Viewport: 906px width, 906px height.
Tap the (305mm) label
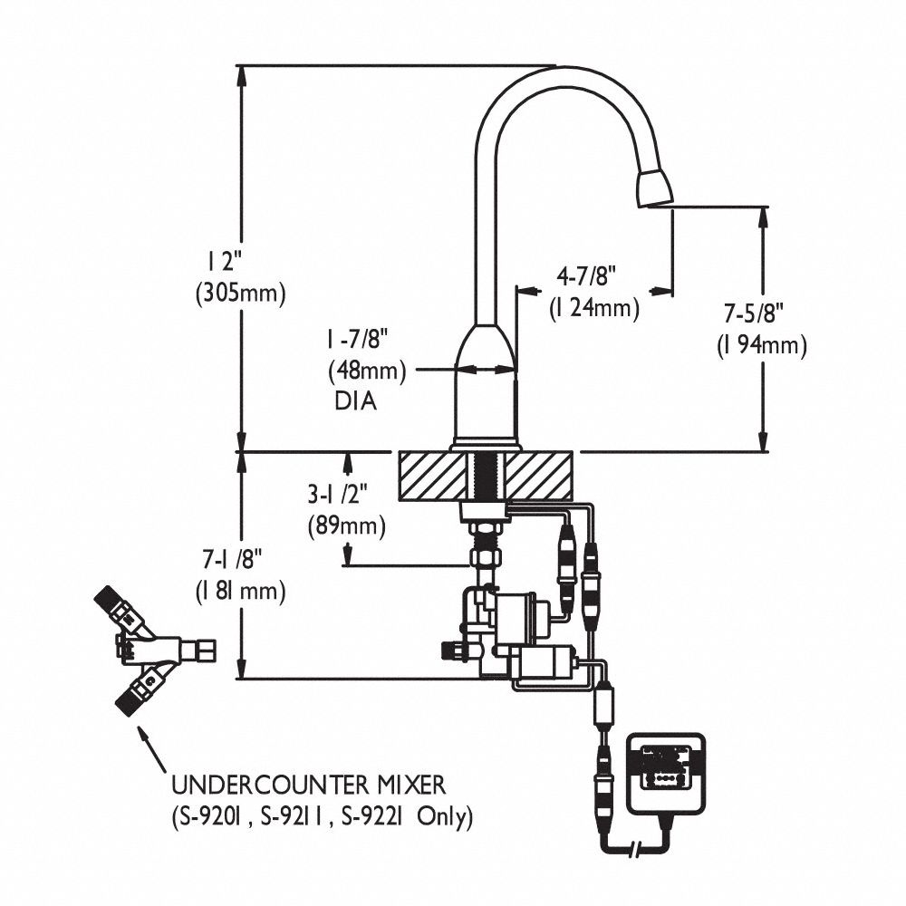click(x=239, y=293)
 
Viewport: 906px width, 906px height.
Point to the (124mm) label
click(x=594, y=308)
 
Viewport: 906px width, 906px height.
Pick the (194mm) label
click(x=761, y=345)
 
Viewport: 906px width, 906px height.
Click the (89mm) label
click(x=346, y=525)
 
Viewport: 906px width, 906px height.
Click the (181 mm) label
click(x=241, y=592)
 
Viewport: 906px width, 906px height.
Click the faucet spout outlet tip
click(x=655, y=188)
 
